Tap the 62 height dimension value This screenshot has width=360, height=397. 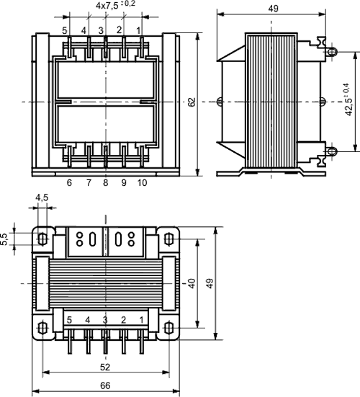192,103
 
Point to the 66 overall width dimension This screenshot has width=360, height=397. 105,385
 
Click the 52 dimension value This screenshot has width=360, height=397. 105,365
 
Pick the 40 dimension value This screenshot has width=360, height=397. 192,282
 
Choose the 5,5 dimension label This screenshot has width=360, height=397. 5,238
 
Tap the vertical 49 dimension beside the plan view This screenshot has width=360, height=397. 210,283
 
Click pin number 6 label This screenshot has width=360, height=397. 69,183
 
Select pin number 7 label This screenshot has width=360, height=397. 89,183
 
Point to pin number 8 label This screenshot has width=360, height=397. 107,183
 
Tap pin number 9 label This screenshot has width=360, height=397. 124,183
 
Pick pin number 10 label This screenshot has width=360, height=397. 142,183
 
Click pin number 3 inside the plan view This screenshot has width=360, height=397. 105,319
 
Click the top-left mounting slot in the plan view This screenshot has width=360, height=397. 42,238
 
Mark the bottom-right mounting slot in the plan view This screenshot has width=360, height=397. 168,328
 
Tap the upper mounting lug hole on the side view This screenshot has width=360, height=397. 332,52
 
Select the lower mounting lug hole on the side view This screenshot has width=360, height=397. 332,151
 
